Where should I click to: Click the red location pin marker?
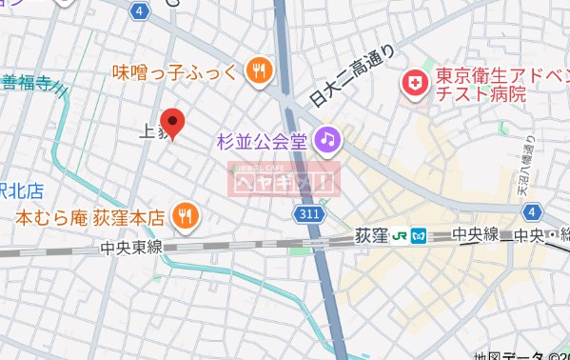171,122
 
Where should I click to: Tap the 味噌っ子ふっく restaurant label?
177,70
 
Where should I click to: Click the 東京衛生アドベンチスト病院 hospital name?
480,85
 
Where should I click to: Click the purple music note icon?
327,139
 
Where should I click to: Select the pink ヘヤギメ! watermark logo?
282,177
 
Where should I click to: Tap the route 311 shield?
307,215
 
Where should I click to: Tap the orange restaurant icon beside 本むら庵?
186,217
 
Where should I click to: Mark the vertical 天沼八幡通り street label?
528,168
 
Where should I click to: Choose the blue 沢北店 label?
22,191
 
